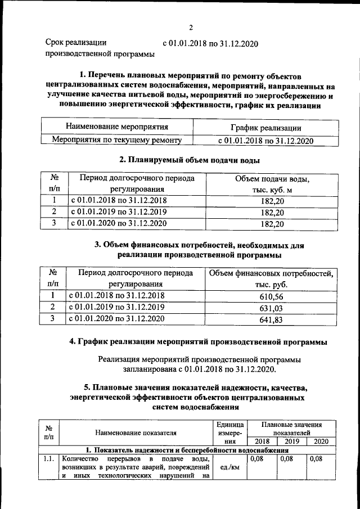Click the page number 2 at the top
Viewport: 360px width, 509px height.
pyautogui.click(x=191, y=28)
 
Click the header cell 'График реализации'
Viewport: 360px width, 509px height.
pyautogui.click(x=265, y=128)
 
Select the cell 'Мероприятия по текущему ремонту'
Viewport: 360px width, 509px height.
pyautogui.click(x=117, y=139)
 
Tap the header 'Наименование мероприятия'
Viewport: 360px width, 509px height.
pyautogui.click(x=117, y=127)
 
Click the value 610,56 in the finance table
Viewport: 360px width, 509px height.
pyautogui.click(x=272, y=296)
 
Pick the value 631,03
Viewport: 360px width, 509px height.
pyautogui.click(x=272, y=308)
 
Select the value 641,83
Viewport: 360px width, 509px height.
pyautogui.click(x=272, y=319)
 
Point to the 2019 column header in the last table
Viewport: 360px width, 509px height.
pyautogui.click(x=292, y=441)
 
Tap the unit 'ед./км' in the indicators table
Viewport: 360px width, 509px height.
pyautogui.click(x=231, y=466)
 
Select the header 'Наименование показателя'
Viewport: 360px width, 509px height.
pyautogui.click(x=136, y=433)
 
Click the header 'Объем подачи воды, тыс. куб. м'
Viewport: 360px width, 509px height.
pyautogui.click(x=272, y=184)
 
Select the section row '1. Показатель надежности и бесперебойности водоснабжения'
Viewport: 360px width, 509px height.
pyautogui.click(x=186, y=450)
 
